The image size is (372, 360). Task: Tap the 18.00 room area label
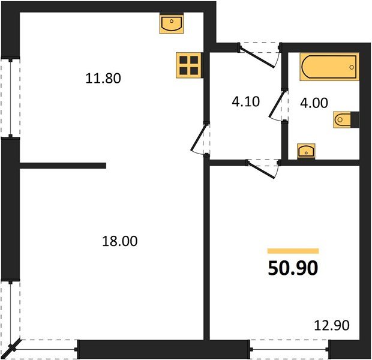coord(121,242)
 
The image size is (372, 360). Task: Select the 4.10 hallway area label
coord(245,101)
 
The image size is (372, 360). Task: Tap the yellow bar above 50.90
coord(293,251)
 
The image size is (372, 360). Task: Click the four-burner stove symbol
coord(188,65)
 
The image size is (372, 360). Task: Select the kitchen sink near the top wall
coord(172,25)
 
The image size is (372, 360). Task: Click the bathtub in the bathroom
coord(329,67)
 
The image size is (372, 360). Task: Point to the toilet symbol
coord(345,120)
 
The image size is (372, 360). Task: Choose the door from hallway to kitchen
coord(200,139)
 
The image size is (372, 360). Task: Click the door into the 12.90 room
coord(263,167)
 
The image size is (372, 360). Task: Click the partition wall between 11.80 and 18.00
coord(62,166)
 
